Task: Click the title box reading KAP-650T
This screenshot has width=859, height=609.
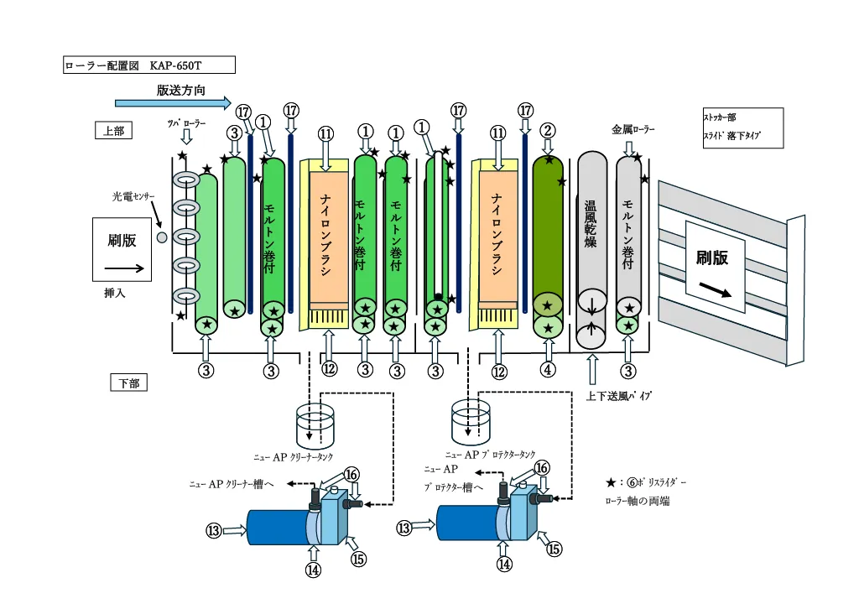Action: point(149,65)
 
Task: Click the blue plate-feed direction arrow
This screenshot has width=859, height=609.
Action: point(172,103)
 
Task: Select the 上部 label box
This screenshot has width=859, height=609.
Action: point(113,130)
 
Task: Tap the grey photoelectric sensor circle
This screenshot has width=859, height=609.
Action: point(163,237)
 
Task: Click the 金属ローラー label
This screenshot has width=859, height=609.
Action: point(633,130)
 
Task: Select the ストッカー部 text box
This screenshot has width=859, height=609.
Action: point(742,128)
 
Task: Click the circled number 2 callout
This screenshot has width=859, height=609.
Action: point(548,130)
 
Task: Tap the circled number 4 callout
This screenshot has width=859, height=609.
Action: point(548,369)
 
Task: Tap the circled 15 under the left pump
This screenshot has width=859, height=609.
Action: point(359,560)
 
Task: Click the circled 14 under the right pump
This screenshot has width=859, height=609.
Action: point(504,565)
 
